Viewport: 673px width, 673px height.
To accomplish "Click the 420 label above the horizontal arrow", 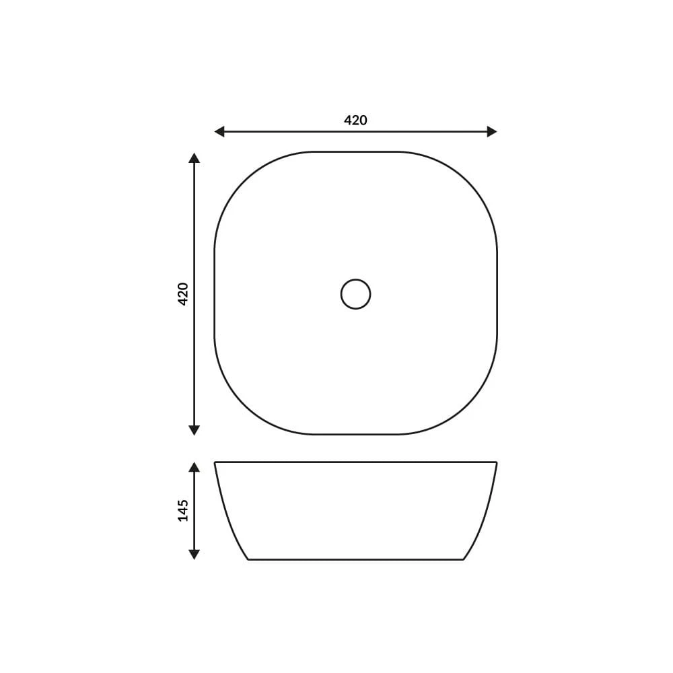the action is point(355,120).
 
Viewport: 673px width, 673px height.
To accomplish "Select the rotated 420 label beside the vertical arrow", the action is point(183,294).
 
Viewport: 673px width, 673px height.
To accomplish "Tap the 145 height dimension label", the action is point(183,510).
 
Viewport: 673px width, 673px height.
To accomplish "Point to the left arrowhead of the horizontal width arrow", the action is point(219,131).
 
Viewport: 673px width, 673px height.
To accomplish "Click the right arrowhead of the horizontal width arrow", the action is point(492,131).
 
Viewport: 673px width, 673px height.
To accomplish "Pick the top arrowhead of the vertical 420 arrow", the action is point(194,157).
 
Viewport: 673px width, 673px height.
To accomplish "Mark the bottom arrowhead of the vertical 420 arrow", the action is point(194,430).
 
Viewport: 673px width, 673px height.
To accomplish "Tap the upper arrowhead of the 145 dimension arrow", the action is point(194,468).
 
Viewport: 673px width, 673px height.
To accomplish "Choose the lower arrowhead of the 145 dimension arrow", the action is point(194,555).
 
